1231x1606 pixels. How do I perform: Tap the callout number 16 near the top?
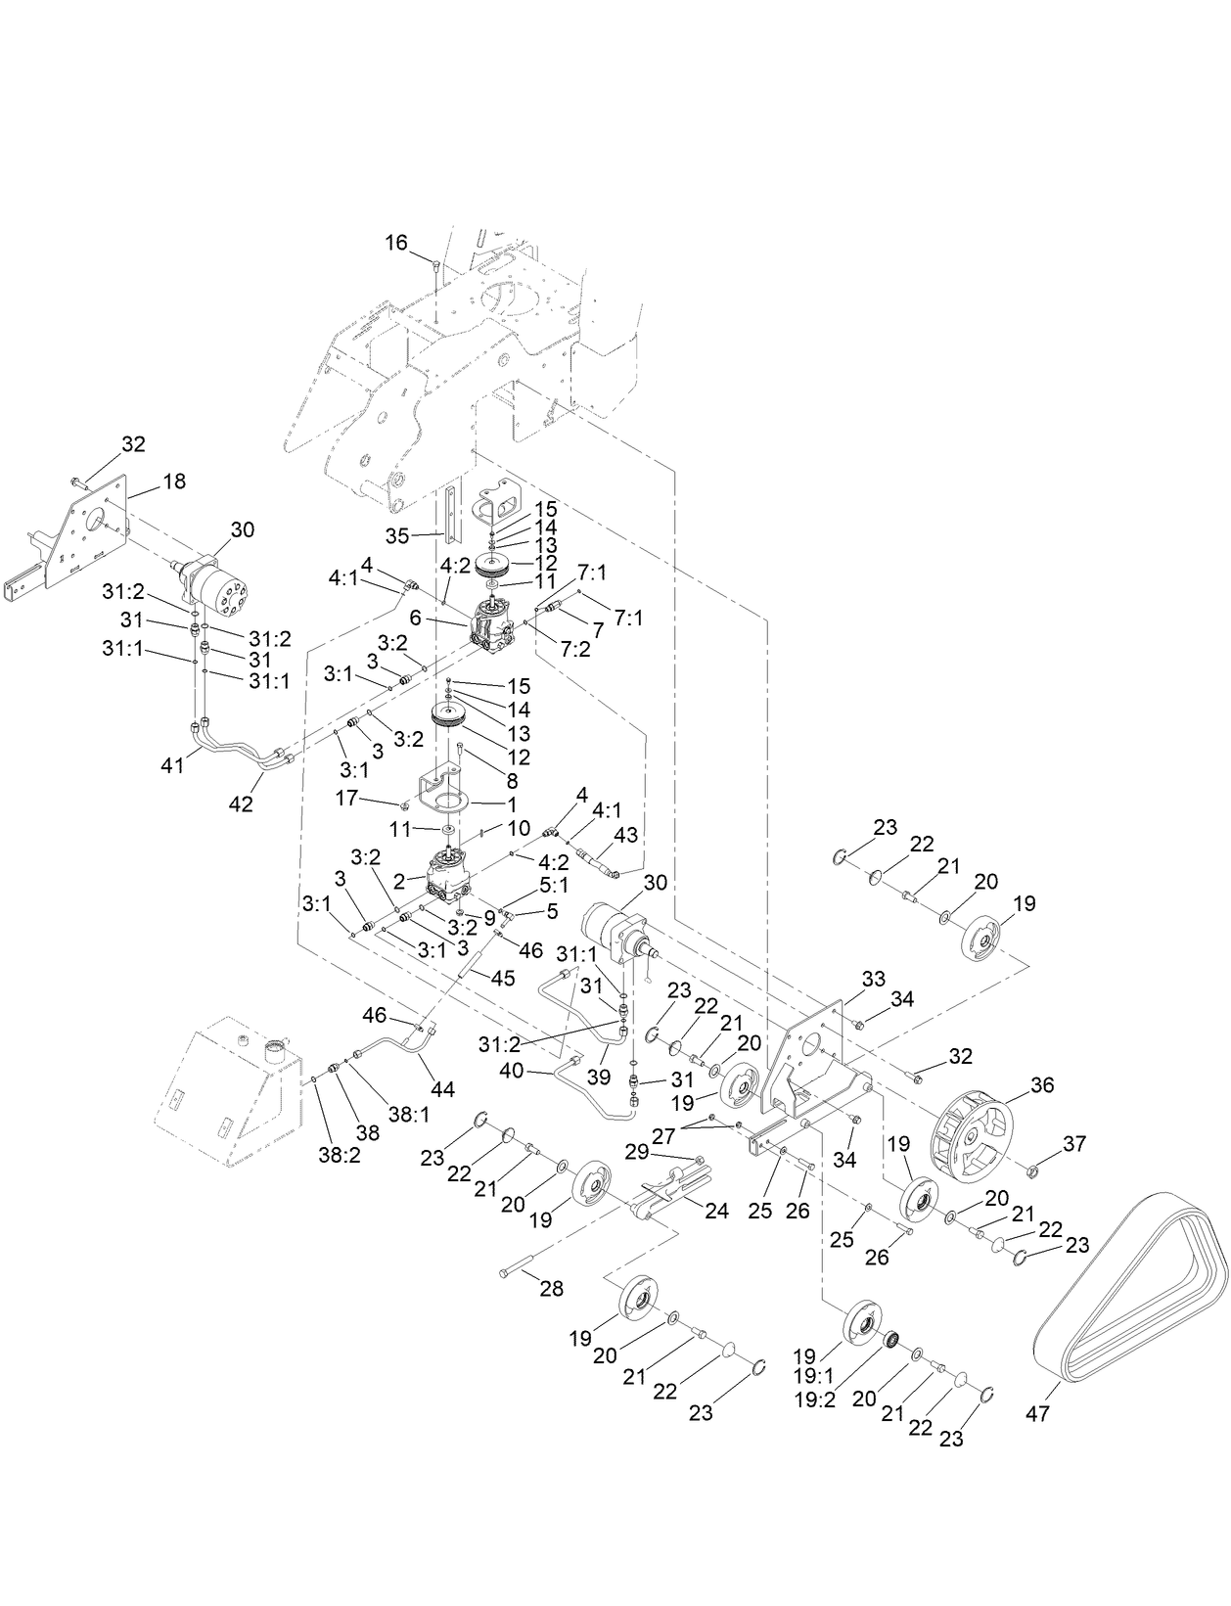[x=395, y=244]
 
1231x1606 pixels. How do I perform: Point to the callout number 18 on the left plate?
[x=174, y=482]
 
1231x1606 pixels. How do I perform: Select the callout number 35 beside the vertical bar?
[x=396, y=535]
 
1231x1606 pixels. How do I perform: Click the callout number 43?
[x=625, y=834]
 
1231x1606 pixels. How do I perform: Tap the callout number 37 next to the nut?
[x=1074, y=1143]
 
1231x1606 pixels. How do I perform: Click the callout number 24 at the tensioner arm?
[x=717, y=1211]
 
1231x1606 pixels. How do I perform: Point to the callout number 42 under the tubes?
[x=241, y=803]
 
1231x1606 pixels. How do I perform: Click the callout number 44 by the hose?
[x=443, y=1088]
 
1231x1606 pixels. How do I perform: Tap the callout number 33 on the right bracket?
[x=873, y=978]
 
